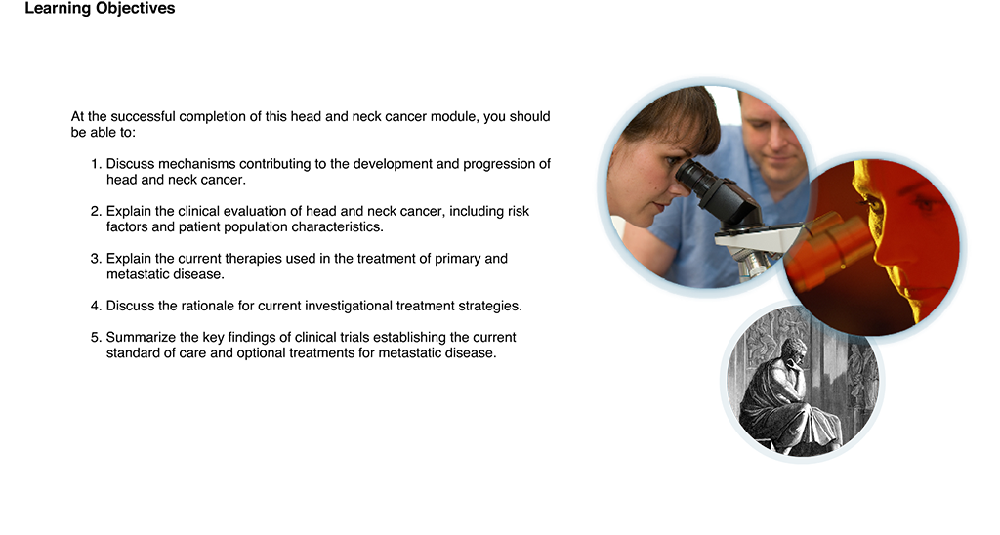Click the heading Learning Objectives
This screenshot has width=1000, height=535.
(x=100, y=9)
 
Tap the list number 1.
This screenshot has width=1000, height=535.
(x=96, y=164)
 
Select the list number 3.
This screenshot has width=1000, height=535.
(x=96, y=259)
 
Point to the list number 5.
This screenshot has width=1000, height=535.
(x=96, y=337)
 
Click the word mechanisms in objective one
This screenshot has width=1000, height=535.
(x=196, y=164)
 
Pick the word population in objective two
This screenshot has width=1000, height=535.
(x=254, y=227)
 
